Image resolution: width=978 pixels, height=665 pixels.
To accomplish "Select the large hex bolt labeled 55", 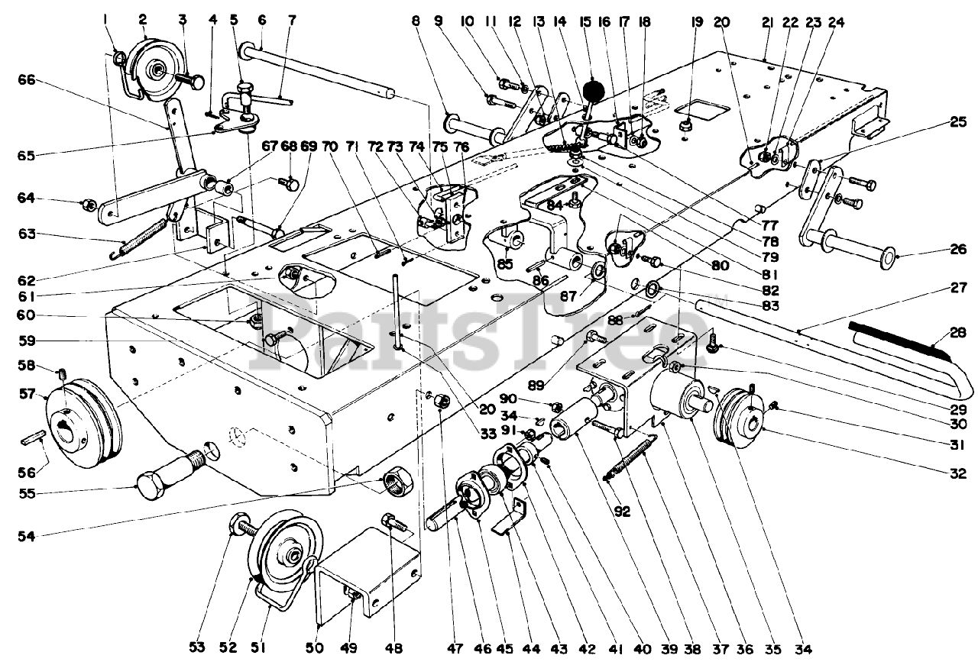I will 172,472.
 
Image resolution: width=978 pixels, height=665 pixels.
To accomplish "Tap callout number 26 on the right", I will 960,250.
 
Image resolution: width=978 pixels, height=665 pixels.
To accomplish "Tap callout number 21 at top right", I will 766,23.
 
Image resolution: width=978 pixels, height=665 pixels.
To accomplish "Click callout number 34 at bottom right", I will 802,650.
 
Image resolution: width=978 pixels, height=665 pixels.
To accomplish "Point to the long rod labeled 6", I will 321,73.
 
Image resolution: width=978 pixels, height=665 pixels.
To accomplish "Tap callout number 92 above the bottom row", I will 623,512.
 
